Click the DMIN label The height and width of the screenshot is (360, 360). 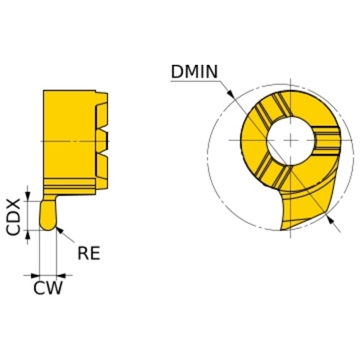pyautogui.click(x=194, y=71)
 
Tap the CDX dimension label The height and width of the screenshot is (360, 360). pyautogui.click(x=12, y=217)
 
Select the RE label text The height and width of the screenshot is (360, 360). pyautogui.click(x=89, y=253)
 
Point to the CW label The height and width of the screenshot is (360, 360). pyautogui.click(x=48, y=288)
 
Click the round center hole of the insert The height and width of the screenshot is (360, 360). pyautogui.click(x=291, y=140)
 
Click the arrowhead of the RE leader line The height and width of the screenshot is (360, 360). pyautogui.click(x=59, y=230)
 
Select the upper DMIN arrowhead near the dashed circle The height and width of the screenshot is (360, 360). pyautogui.click(x=231, y=94)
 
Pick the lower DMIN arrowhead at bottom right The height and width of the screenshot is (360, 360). pyautogui.click(x=330, y=220)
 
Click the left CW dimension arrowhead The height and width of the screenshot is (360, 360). pyautogui.click(x=35, y=275)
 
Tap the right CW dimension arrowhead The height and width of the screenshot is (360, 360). pyautogui.click(x=61, y=275)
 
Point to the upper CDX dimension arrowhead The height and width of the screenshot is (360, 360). pyautogui.click(x=28, y=197)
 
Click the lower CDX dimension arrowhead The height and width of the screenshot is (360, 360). pyautogui.click(x=28, y=235)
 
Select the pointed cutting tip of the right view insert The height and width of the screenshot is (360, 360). pyautogui.click(x=282, y=230)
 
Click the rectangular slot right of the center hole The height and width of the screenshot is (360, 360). pyautogui.click(x=327, y=140)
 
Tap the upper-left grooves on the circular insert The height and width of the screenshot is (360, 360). pyautogui.click(x=271, y=108)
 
